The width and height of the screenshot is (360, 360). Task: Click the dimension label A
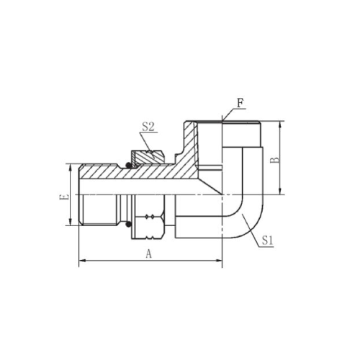[149, 253]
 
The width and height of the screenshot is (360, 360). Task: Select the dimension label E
[64, 197]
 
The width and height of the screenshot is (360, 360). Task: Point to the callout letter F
[240, 104]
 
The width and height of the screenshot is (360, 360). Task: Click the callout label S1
[267, 240]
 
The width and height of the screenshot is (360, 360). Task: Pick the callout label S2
[148, 127]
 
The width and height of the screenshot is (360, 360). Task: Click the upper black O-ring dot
[129, 165]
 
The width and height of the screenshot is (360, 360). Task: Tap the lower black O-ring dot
[129, 225]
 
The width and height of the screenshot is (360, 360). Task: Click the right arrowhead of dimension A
[218, 261]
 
